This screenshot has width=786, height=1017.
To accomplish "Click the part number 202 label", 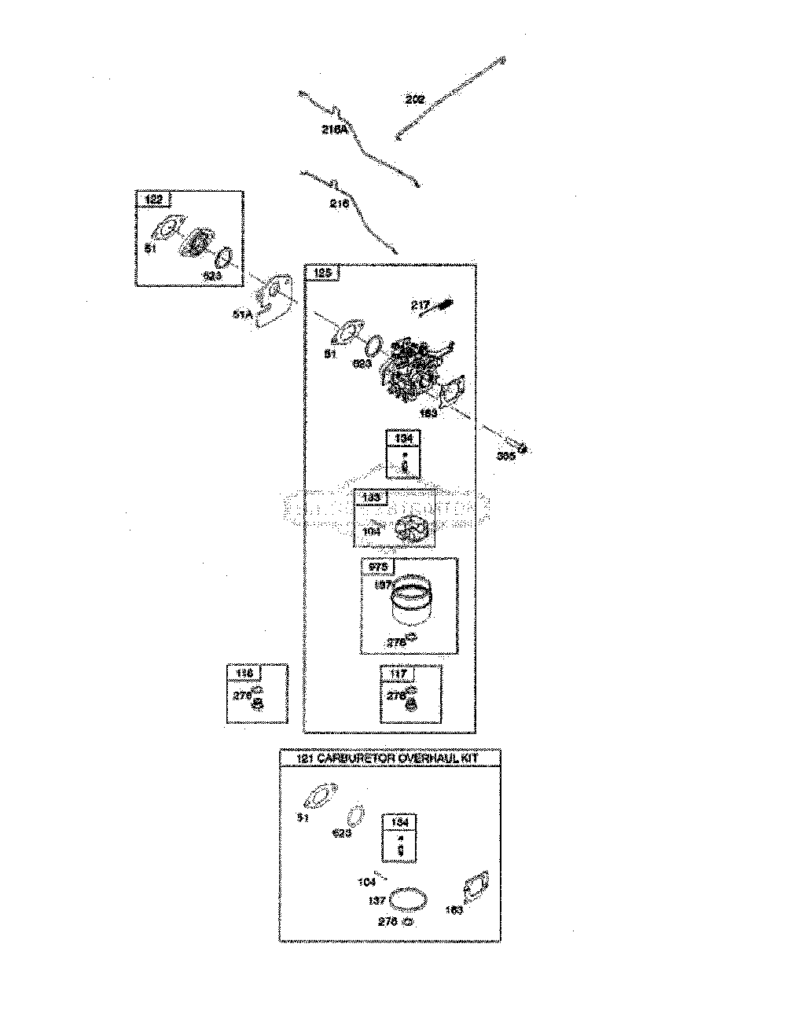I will (x=415, y=100).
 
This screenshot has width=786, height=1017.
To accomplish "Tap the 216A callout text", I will (x=335, y=130).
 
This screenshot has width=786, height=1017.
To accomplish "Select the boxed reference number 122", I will (x=153, y=200).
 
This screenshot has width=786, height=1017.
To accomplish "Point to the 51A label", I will (x=242, y=316).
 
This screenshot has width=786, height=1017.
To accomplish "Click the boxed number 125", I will (x=323, y=274).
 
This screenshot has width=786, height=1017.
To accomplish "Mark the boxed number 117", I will (x=398, y=674).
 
